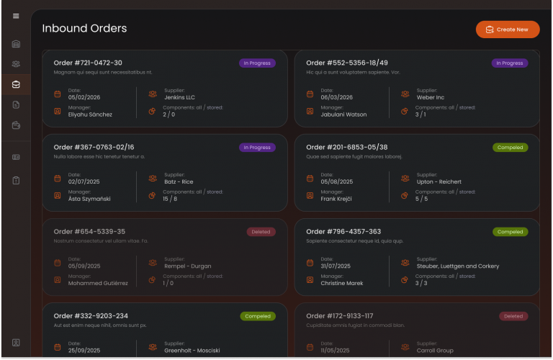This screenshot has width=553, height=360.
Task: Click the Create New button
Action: click(x=507, y=30)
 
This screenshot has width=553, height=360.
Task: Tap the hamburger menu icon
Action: click(x=16, y=17)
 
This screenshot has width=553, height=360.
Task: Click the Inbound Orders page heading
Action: click(x=84, y=29)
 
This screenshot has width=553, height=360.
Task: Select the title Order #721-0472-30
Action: click(x=88, y=63)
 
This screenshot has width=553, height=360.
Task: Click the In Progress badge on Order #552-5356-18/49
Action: click(x=509, y=63)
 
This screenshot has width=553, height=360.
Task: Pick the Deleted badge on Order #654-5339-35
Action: click(x=261, y=232)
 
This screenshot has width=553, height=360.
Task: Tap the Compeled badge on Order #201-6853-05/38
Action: click(x=510, y=148)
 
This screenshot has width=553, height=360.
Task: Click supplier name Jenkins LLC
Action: click(x=179, y=97)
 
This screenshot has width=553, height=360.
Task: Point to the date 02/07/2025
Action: click(x=84, y=181)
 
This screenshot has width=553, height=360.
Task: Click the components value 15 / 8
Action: click(x=170, y=199)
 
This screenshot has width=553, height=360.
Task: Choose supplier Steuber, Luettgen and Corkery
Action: click(x=457, y=266)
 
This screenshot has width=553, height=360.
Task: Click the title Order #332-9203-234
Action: click(x=91, y=316)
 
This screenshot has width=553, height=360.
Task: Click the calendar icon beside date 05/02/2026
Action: click(x=58, y=94)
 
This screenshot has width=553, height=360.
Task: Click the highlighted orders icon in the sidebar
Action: click(x=16, y=85)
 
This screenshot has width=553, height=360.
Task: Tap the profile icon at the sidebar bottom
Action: click(x=16, y=342)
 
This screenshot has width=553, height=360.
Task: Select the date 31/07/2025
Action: click(x=336, y=266)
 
